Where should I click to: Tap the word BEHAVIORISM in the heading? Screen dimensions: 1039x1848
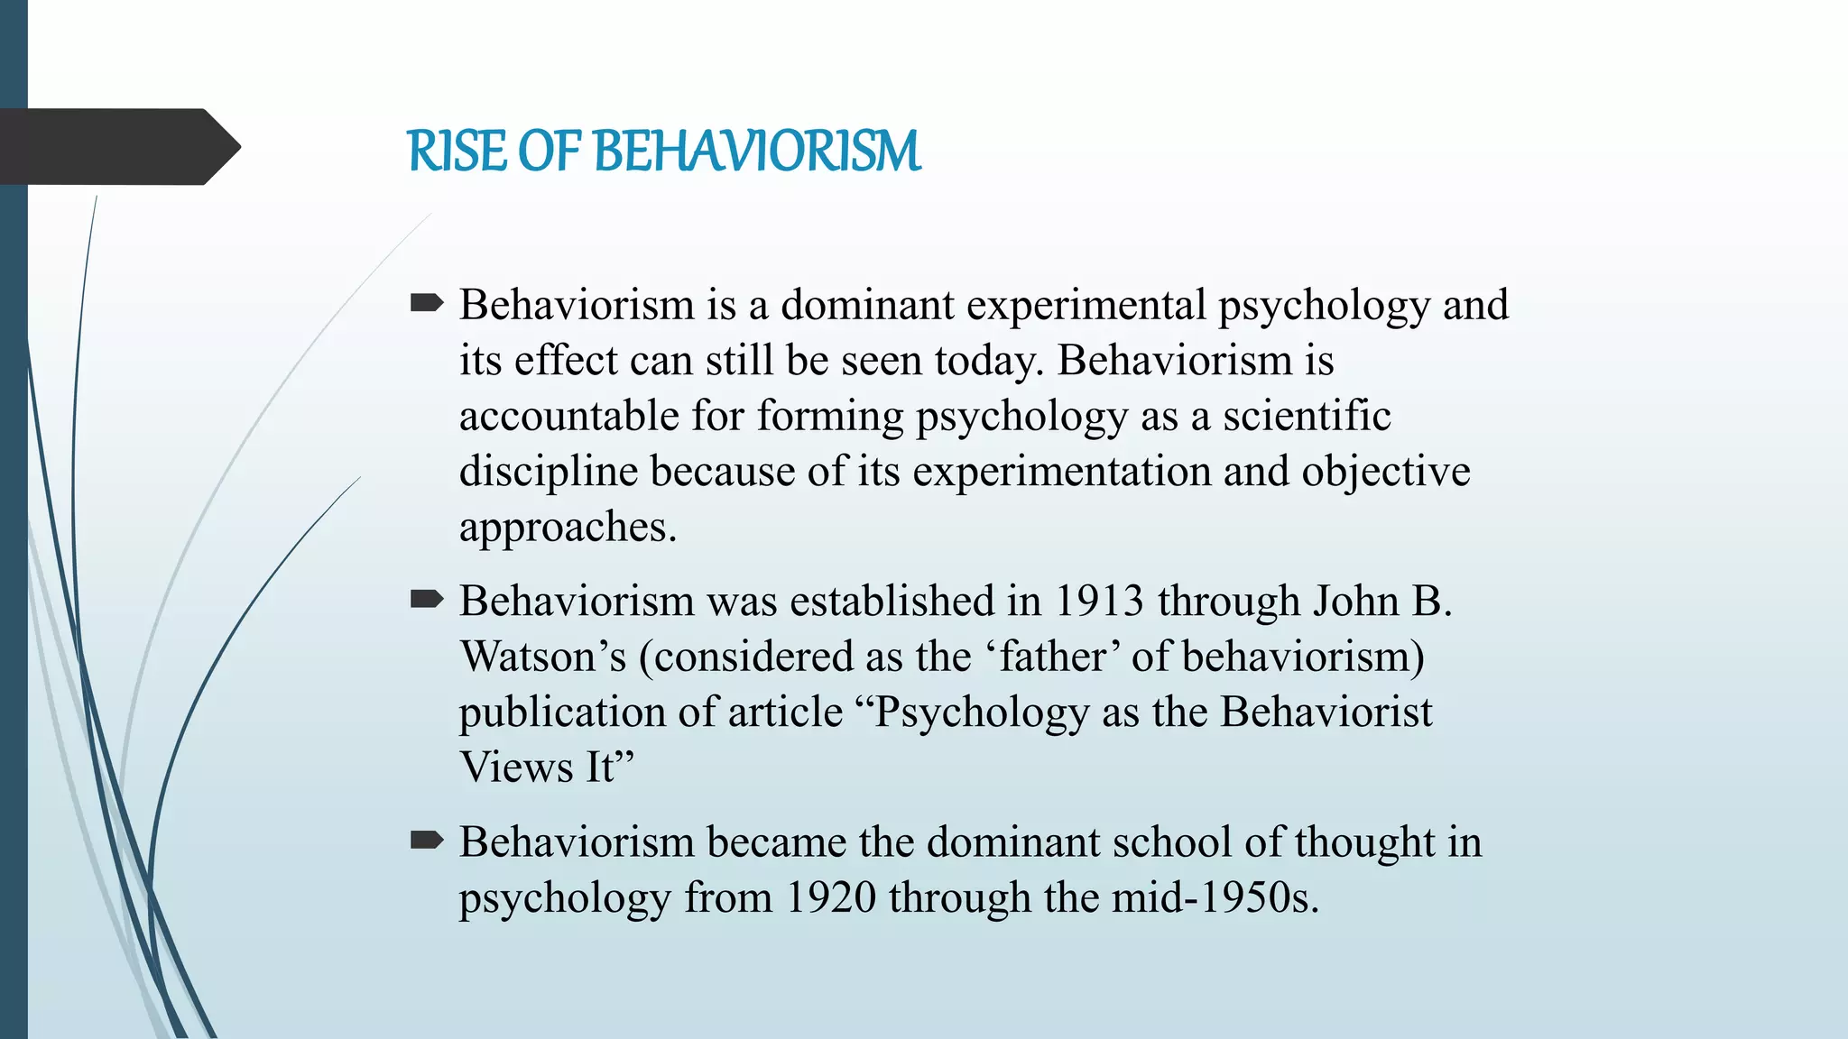point(757,151)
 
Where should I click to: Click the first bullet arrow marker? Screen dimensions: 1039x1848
point(426,304)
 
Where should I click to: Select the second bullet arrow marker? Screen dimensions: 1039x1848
point(426,600)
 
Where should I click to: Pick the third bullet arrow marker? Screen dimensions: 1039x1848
point(426,841)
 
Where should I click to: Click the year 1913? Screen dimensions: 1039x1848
point(1099,601)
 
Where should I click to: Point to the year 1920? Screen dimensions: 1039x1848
point(830,897)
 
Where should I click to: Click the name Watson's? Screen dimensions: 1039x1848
point(542,657)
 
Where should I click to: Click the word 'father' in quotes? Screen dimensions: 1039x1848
point(1052,657)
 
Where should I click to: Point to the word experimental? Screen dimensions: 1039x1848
point(1086,305)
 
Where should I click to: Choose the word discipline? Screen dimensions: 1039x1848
point(549,472)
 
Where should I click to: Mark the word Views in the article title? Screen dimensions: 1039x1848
point(516,768)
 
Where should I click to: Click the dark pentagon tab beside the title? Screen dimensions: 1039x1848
point(117,147)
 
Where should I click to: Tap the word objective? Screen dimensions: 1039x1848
point(1385,472)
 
